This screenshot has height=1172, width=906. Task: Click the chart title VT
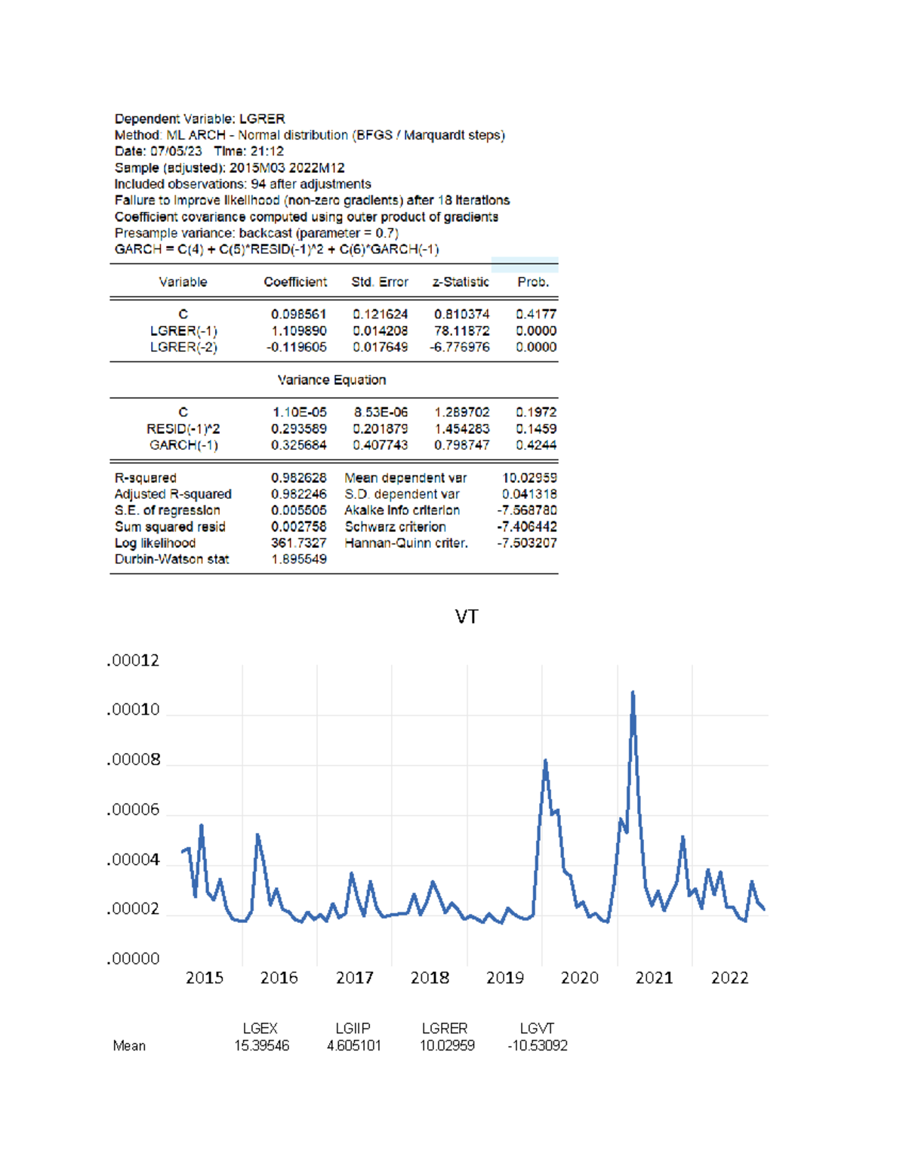[x=466, y=617]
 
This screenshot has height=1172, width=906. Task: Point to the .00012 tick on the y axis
[x=134, y=660]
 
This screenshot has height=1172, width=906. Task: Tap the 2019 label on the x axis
[x=504, y=977]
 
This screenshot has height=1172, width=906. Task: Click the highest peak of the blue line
[x=633, y=692]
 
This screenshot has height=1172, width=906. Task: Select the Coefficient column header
[x=295, y=282]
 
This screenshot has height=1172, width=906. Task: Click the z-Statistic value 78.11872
[x=461, y=331]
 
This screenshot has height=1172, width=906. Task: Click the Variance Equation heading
[x=331, y=380]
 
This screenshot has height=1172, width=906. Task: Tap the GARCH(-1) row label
[x=183, y=445]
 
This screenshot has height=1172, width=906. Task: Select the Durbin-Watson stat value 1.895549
[x=298, y=559]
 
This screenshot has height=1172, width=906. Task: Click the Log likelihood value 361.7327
[x=298, y=543]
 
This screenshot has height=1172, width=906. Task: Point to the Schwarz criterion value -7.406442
[x=527, y=527]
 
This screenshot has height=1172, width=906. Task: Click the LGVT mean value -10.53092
[x=537, y=1046]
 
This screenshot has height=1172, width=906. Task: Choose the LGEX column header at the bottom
[x=260, y=1029]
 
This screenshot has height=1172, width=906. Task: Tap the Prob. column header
[x=533, y=282]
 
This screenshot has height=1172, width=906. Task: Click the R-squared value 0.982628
[x=298, y=478]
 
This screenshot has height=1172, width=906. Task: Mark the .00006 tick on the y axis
[x=134, y=810]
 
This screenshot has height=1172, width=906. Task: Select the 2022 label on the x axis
[x=729, y=977]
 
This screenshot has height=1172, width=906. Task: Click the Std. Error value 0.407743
[x=380, y=445]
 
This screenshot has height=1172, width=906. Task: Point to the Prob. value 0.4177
[x=536, y=314]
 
